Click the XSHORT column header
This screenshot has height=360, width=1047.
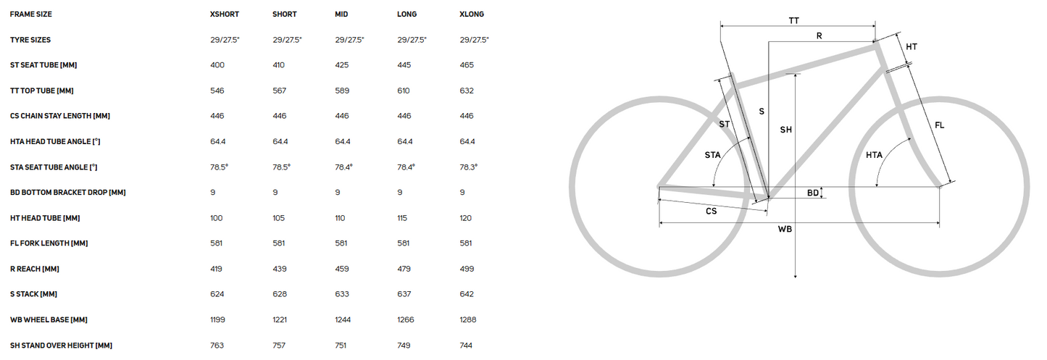coord(225,14)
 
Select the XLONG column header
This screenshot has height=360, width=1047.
coord(472,14)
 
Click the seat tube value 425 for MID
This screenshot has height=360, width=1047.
coord(342,65)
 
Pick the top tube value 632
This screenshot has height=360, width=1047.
coord(467,91)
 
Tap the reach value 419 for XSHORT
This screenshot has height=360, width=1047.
coord(216,269)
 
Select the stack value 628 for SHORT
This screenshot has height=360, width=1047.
coord(280,294)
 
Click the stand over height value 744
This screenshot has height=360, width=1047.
coord(466,346)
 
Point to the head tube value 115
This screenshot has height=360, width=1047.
coord(402,218)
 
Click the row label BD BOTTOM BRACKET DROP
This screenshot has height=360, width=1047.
coord(68,192)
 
